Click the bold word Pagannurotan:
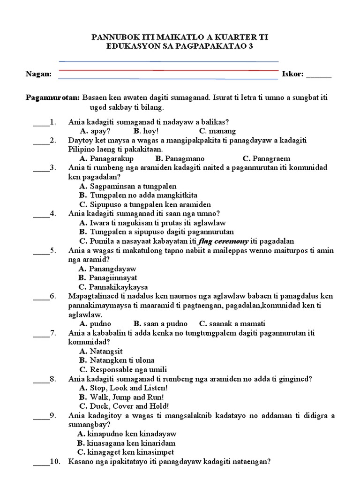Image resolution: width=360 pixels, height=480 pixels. (x=52, y=98)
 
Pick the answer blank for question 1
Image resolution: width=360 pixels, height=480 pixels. (x=40, y=122)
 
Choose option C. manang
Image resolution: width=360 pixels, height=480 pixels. (x=217, y=131)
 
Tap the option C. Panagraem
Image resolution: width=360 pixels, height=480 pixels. (x=267, y=158)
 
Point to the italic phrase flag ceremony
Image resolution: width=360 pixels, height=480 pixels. (x=222, y=241)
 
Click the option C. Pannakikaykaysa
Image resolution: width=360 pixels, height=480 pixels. (x=113, y=286)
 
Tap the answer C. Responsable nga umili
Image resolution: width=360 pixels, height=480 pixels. (x=123, y=369)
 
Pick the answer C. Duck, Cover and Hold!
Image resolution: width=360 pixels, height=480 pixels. (x=124, y=406)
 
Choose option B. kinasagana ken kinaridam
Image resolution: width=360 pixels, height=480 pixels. (x=126, y=442)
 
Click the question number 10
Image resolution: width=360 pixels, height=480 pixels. (x=55, y=461)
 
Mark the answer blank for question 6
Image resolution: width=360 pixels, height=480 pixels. (x=40, y=296)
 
